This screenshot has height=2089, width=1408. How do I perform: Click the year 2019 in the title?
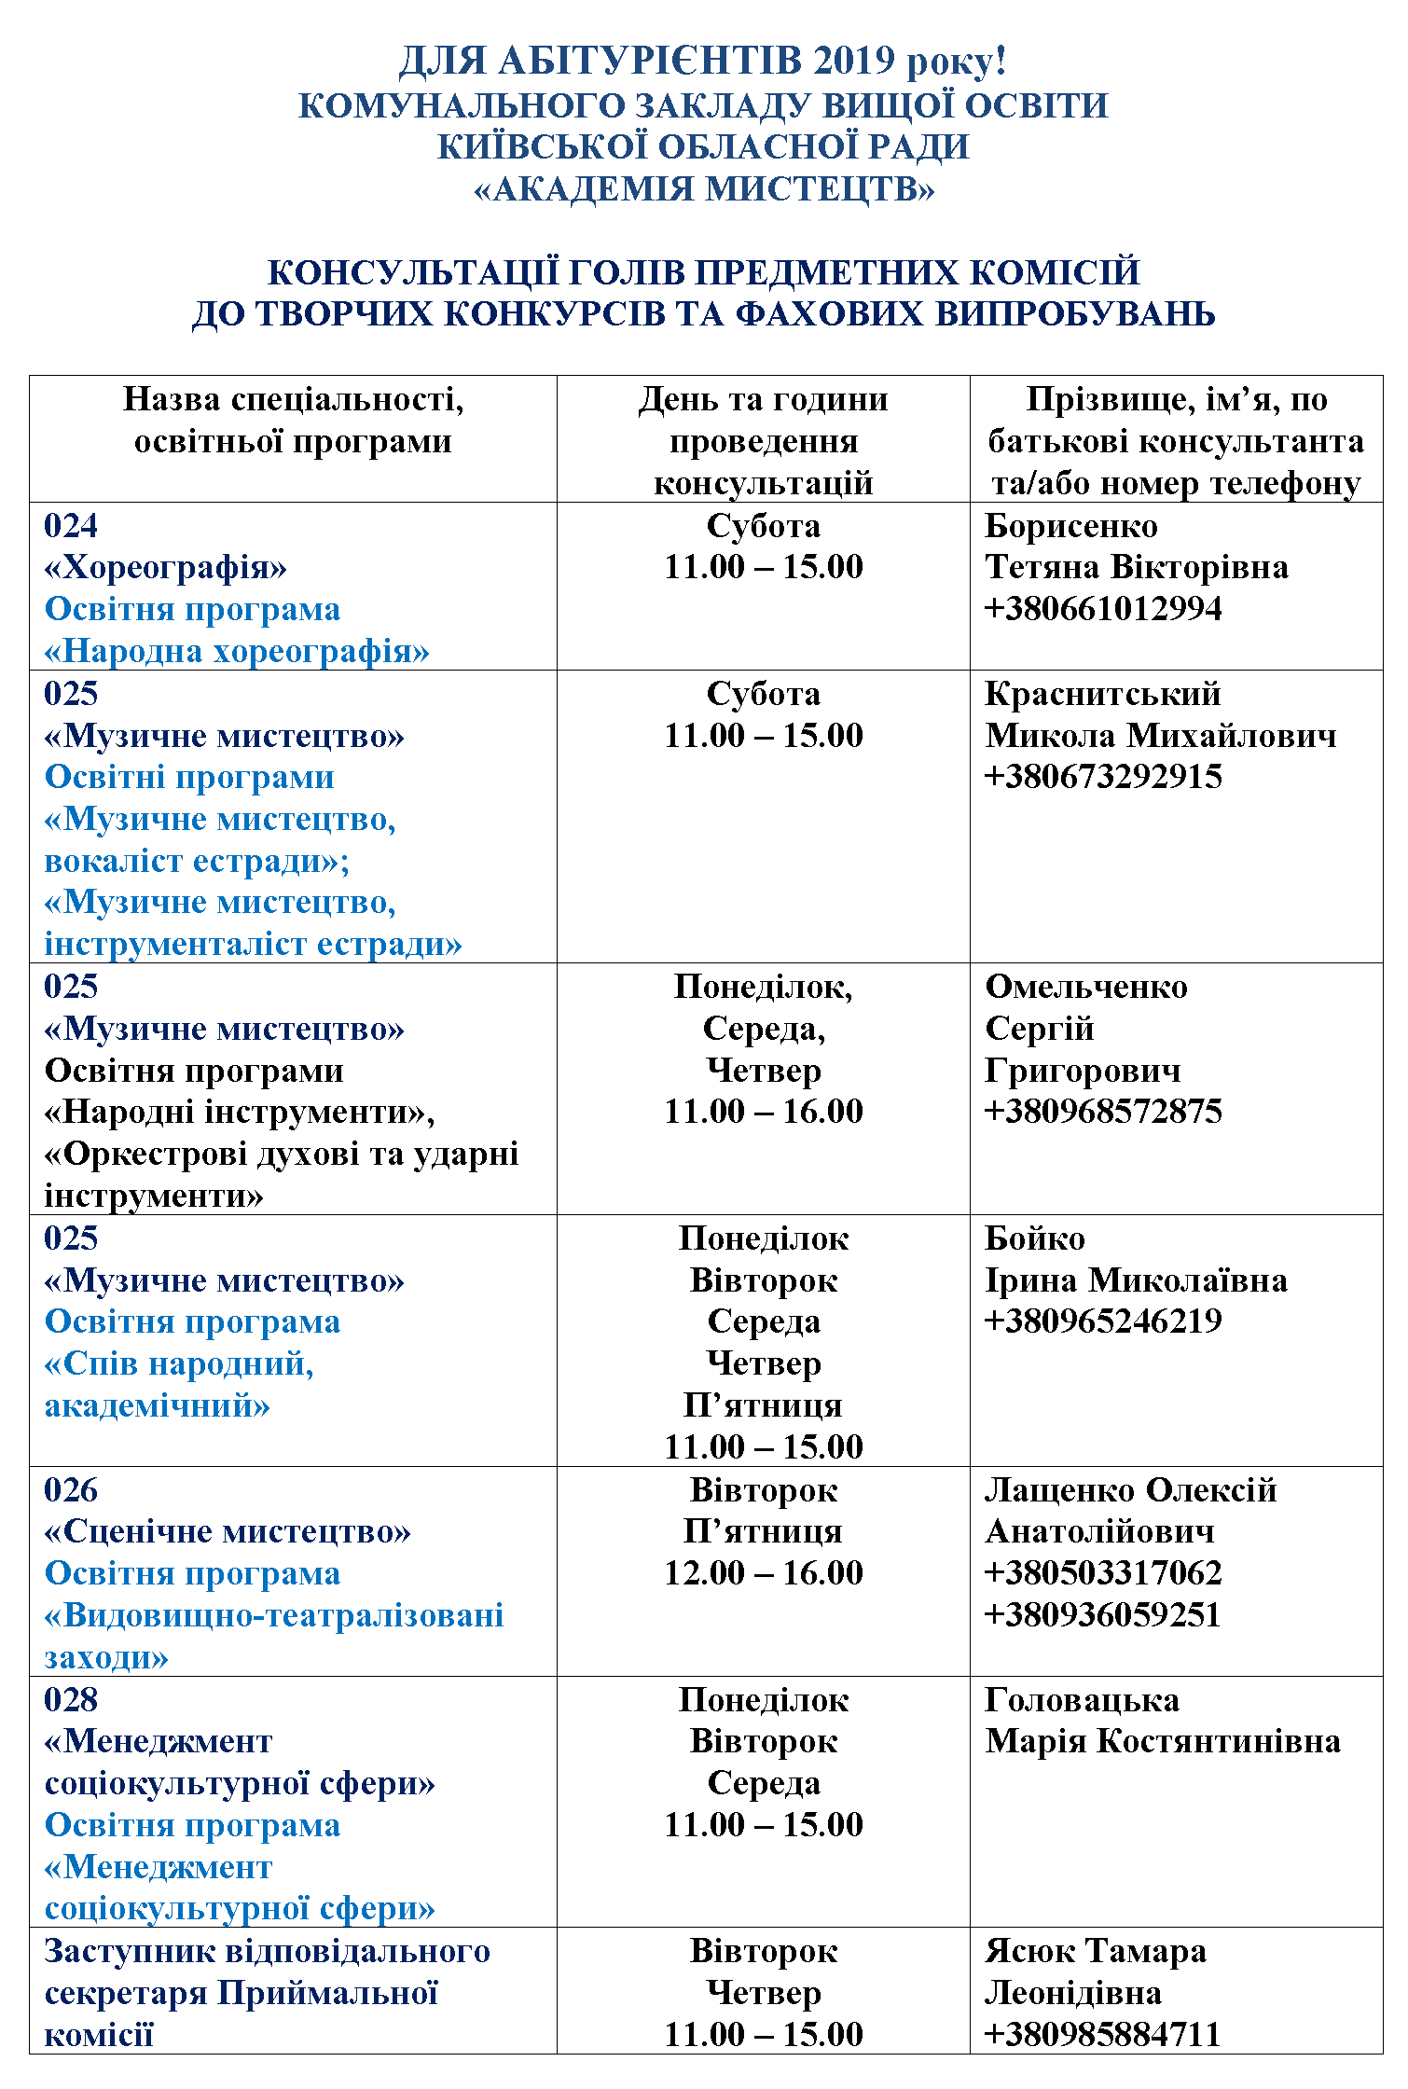(854, 62)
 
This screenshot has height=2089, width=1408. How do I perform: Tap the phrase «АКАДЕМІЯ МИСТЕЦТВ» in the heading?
(704, 189)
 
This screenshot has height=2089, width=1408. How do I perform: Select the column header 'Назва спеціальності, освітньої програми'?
(293, 421)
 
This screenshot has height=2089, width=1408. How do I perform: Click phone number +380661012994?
(1103, 609)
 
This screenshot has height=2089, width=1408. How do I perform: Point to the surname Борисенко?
(1071, 527)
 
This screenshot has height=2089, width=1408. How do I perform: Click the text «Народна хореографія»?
(237, 651)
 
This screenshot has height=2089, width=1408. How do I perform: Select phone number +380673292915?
(1103, 777)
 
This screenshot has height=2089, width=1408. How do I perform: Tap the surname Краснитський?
(1103, 694)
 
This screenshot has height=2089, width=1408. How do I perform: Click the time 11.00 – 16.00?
(764, 1112)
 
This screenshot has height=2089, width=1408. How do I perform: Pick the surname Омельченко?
(1086, 987)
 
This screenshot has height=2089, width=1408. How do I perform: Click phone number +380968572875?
(1103, 1112)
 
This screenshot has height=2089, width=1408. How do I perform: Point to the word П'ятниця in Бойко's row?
(764, 1405)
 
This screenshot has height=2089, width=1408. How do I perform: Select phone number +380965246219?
(1103, 1321)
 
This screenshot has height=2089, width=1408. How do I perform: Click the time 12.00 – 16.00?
(764, 1573)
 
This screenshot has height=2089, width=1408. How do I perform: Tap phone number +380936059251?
(1103, 1615)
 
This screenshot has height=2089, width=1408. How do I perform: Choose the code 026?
(71, 1490)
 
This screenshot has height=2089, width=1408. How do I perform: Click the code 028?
(71, 1700)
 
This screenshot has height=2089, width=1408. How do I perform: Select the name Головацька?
(1083, 1700)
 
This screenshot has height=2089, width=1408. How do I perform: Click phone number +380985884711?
(1103, 2034)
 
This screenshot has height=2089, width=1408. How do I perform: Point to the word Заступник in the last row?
(130, 1951)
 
